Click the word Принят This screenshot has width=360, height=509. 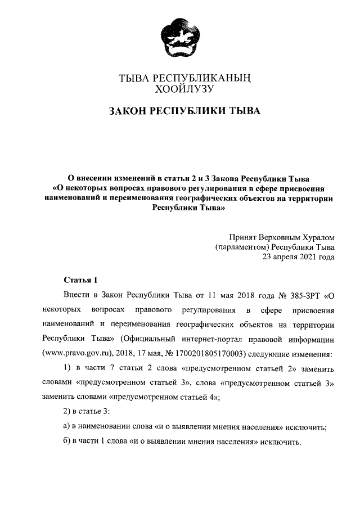pos(245,237)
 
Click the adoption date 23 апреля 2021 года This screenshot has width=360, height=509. pos(298,258)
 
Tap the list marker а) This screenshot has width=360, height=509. pos(67,427)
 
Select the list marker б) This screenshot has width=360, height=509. pos(67,442)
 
